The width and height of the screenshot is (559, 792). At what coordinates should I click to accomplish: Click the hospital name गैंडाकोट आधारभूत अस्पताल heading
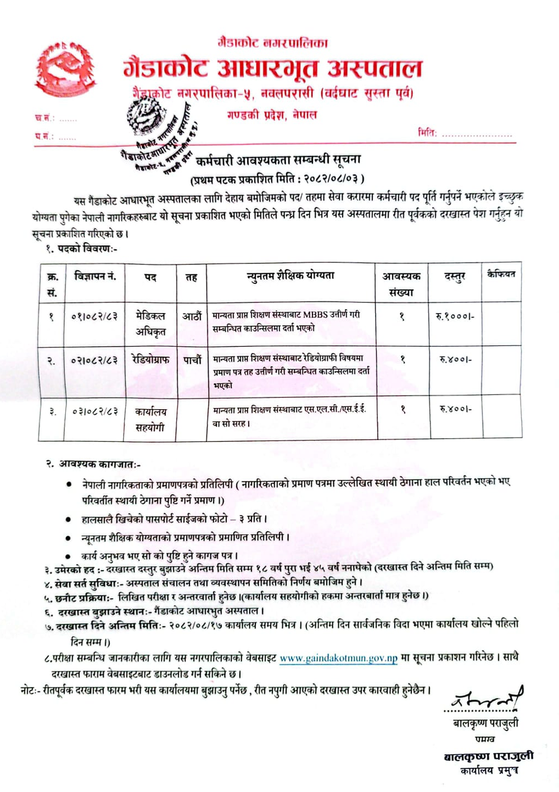point(272,69)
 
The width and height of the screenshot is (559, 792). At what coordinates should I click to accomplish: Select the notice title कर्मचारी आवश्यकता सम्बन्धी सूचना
point(278,161)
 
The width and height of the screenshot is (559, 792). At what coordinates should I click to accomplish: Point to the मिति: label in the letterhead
point(427,133)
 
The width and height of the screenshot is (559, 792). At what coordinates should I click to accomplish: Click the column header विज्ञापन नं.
point(95,276)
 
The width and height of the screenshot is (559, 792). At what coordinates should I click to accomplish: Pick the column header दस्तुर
point(454,276)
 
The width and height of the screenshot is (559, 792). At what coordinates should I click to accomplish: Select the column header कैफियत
point(501,274)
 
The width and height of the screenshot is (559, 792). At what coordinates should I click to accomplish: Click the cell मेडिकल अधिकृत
point(150,324)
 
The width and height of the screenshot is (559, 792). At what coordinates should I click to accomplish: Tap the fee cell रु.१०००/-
point(454,316)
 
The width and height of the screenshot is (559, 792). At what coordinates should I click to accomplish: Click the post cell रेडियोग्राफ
point(150,360)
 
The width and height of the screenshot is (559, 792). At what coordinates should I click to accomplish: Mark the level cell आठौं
point(192,316)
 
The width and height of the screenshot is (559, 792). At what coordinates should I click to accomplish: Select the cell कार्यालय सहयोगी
point(150,420)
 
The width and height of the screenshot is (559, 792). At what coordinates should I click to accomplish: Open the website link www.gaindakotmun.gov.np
point(338,658)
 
